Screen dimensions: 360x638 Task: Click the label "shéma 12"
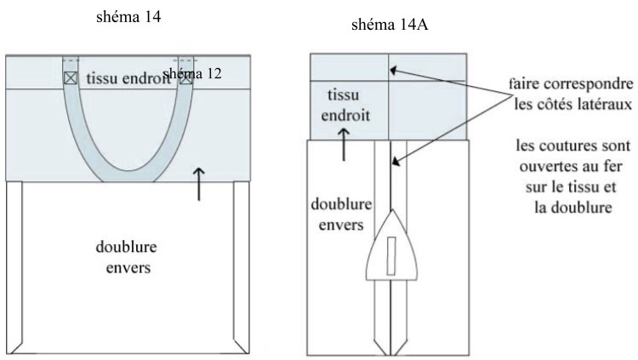[192, 75]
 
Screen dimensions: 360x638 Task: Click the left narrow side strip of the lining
[14, 268]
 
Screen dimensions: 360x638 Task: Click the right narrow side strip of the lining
[241, 268]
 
